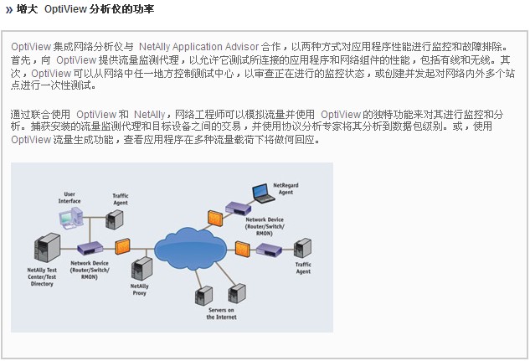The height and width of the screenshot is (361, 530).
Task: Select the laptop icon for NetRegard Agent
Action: tap(264, 195)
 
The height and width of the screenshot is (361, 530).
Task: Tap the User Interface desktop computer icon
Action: tap(70, 220)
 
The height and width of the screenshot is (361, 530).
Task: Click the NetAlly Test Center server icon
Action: tap(42, 250)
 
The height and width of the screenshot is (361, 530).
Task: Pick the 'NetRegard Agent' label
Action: tap(286, 188)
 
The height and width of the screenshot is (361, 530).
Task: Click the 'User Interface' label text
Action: tap(69, 198)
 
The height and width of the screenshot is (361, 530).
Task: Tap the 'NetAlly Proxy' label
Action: tap(140, 290)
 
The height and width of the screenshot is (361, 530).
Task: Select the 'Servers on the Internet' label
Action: tap(221, 313)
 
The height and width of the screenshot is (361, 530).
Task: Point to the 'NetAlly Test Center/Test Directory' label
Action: tap(40, 276)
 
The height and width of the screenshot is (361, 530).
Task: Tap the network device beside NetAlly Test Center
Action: tap(90, 248)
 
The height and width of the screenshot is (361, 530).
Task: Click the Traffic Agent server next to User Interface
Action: tap(116, 220)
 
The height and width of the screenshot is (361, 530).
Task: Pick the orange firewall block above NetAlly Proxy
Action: tap(123, 245)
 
